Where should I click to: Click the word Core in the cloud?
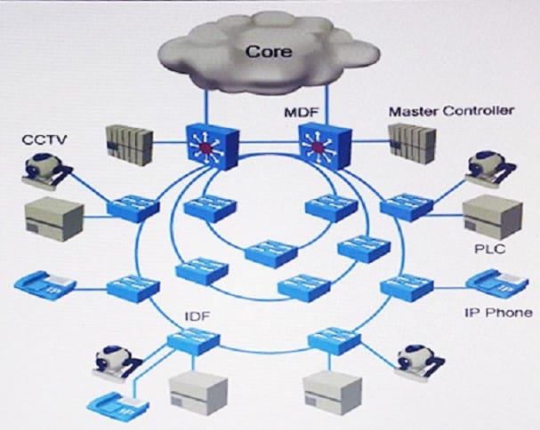pos(269,52)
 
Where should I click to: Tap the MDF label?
pos(302,113)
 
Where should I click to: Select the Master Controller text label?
pos(452,111)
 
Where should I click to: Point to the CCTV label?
pos(44,139)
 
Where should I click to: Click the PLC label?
pos(489,249)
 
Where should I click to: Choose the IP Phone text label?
pos(498,313)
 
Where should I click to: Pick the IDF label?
pos(197,316)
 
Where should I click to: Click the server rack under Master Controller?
pos(413,143)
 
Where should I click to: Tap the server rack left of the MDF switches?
pos(130,145)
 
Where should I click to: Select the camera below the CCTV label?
pos(46,170)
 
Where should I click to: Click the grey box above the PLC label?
pos(493,217)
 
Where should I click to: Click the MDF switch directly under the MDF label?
pos(326,146)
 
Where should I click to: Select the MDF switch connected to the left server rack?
pos(213,147)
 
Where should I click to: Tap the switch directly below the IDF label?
pos(194,341)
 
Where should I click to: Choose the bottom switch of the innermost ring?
pos(271,254)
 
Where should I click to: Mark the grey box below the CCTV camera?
pos(54,219)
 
